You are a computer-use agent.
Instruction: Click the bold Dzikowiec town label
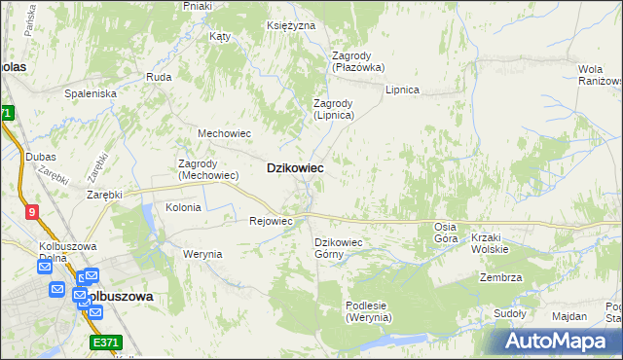pos(295,168)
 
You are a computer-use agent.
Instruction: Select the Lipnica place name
pos(401,90)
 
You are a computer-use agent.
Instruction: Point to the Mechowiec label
pos(225,133)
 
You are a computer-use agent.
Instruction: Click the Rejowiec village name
pos(271,221)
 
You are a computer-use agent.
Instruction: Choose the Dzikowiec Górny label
pos(338,248)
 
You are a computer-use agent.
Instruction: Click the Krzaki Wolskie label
pos(490,243)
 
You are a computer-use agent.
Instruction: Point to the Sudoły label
pos(509,313)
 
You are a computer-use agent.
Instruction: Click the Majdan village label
pos(568,316)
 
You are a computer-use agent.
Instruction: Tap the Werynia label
pos(202,254)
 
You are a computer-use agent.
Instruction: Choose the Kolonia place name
pos(183,207)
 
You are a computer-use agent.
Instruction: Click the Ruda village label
pos(158,76)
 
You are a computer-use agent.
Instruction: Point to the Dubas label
pos(42,157)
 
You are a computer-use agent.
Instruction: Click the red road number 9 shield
pos(32,211)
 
